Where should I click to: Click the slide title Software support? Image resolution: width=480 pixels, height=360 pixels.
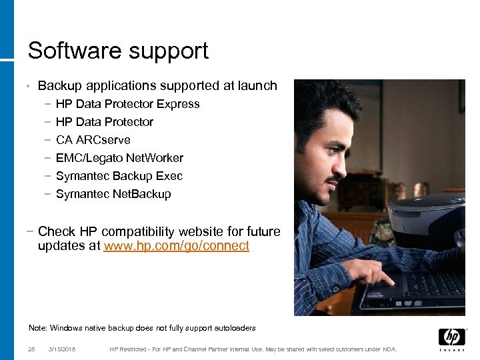[118, 51]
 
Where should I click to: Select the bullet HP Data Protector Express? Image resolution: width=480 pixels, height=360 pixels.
[127, 104]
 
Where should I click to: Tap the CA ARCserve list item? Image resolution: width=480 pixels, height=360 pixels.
[93, 140]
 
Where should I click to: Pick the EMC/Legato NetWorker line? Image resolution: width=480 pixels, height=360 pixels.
[119, 158]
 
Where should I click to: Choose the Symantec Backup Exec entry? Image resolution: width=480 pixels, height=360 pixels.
[119, 176]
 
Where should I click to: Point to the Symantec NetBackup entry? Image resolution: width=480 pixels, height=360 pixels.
[113, 194]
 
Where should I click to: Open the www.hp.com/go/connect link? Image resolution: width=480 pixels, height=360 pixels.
[176, 246]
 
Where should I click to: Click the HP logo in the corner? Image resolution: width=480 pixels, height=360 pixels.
[451, 338]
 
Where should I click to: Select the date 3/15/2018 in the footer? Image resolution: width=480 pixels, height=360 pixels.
[62, 349]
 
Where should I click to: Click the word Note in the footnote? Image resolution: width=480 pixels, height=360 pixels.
[37, 328]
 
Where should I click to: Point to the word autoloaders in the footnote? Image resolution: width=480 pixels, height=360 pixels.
[237, 328]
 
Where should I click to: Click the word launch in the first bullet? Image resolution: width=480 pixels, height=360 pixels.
[259, 86]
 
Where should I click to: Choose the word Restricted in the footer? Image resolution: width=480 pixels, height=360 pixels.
[137, 349]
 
